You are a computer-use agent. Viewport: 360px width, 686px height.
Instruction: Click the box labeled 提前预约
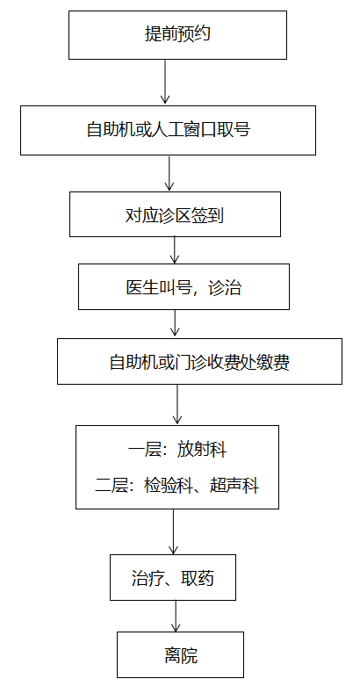(177, 35)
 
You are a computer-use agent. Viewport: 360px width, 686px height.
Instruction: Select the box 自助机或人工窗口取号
(168, 130)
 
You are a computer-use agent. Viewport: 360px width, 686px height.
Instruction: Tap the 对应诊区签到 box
(175, 214)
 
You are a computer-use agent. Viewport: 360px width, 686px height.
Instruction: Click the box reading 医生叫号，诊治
(184, 286)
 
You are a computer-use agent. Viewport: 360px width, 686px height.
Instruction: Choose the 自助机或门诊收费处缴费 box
(199, 361)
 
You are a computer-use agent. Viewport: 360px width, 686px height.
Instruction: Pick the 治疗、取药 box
(173, 577)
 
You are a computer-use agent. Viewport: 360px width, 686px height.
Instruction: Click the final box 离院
(180, 654)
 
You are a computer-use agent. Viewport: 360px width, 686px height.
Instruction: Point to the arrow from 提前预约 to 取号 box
(165, 82)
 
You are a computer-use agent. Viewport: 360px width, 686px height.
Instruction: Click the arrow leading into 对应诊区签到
(169, 173)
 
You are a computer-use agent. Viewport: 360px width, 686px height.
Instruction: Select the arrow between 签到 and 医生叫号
(175, 249)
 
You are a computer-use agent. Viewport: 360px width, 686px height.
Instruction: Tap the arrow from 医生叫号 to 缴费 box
(175, 323)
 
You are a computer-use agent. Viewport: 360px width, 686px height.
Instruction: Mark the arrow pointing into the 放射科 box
(177, 404)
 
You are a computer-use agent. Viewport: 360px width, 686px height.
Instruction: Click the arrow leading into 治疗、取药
(173, 531)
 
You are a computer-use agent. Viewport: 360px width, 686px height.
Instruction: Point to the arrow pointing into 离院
(176, 616)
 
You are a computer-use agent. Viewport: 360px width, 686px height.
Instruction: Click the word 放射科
(202, 450)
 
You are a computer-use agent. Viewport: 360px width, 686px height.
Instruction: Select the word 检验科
(169, 486)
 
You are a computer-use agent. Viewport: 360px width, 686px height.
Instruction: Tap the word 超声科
(234, 486)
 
